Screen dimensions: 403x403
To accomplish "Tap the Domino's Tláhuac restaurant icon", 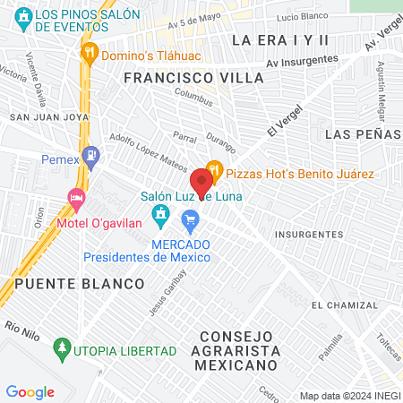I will pyautogui.click(x=89, y=53).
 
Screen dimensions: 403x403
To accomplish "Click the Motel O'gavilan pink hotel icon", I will pyautogui.click(x=77, y=196).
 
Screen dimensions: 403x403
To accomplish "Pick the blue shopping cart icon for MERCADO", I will pyautogui.click(x=190, y=219).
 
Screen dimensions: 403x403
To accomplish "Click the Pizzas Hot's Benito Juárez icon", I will pyautogui.click(x=213, y=167).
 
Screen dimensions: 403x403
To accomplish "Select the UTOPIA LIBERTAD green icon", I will pyautogui.click(x=62, y=346).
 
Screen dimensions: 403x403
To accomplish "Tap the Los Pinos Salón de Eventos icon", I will pyautogui.click(x=24, y=16).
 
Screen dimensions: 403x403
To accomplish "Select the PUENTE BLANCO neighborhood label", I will pyautogui.click(x=80, y=283).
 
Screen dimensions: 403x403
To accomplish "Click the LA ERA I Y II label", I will pyautogui.click(x=280, y=40).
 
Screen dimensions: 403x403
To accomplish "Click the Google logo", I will pyautogui.click(x=30, y=391).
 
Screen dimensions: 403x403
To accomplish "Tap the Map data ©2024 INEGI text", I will pyautogui.click(x=348, y=396).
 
